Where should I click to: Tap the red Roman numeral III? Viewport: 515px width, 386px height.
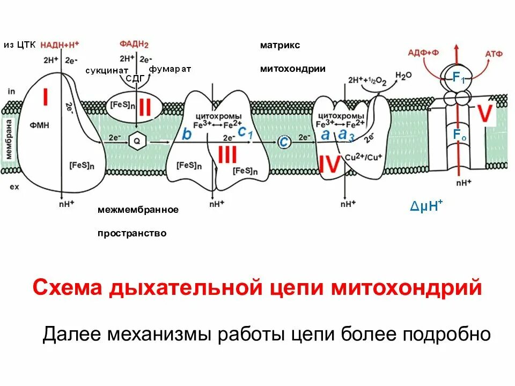(x=227, y=155)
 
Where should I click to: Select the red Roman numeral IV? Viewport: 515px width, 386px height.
(x=329, y=164)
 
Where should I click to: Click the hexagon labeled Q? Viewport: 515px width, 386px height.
(x=136, y=140)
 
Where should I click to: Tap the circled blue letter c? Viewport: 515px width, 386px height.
(x=284, y=141)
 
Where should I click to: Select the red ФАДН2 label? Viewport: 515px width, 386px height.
(x=133, y=45)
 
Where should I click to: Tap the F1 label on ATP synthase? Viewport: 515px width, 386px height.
(x=458, y=78)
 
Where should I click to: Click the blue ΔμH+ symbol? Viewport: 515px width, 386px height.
(x=426, y=207)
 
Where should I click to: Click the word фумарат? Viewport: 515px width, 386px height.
(x=170, y=69)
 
